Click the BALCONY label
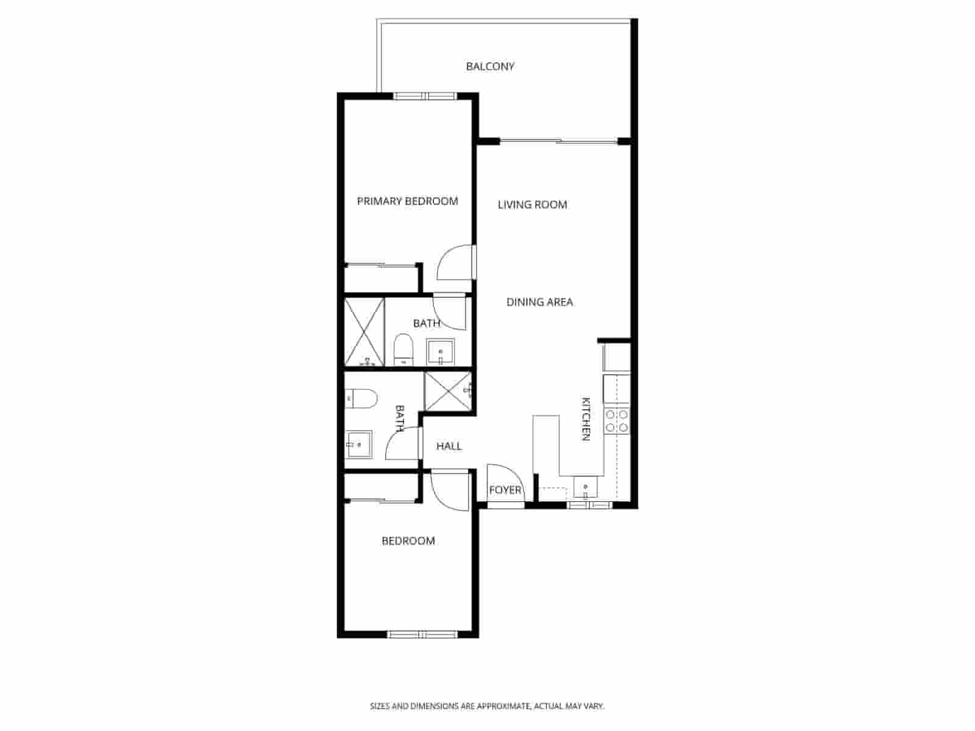coord(490,66)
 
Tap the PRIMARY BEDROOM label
coord(407,201)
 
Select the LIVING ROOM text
coord(532,205)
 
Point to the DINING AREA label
coord(539,302)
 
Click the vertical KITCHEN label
coord(586,418)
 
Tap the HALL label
coord(449,447)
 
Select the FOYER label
coord(505,490)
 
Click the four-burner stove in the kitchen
coord(616,421)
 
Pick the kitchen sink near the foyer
coord(586,487)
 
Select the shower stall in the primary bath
coord(364,332)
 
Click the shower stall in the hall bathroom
coord(448,392)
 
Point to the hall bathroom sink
coord(360,444)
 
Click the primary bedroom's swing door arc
coord(454,262)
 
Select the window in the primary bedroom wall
coord(425,96)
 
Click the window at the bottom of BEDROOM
coord(423,635)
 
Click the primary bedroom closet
coord(380,280)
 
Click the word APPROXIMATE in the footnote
coord(503,707)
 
